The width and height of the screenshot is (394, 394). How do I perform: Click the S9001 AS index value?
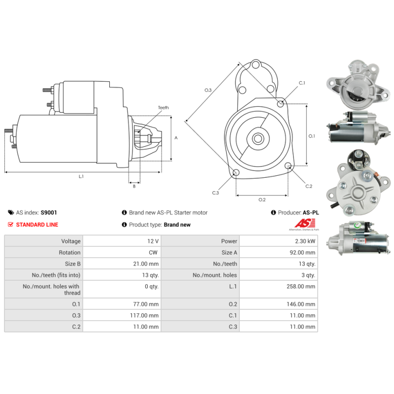point(49,213)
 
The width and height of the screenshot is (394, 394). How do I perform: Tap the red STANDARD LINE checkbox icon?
point(11,225)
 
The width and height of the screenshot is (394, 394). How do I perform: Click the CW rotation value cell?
point(153,253)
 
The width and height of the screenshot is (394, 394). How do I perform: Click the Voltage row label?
point(71,241)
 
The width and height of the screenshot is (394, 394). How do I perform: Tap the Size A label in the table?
point(229,253)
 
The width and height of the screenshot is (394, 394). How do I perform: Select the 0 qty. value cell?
point(151,286)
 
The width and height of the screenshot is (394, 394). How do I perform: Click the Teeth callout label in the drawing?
point(163,108)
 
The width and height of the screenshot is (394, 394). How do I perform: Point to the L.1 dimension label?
point(81,176)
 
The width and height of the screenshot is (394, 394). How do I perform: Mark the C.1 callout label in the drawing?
point(302,83)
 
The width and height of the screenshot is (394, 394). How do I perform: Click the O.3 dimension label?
point(208,90)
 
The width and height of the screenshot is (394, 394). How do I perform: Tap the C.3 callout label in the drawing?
point(215,193)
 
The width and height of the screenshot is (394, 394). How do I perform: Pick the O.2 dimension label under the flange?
point(262,199)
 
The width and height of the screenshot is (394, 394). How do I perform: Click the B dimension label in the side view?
point(134,186)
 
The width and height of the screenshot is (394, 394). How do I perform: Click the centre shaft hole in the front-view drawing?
point(258,138)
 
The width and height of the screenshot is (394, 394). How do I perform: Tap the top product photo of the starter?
point(355,84)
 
